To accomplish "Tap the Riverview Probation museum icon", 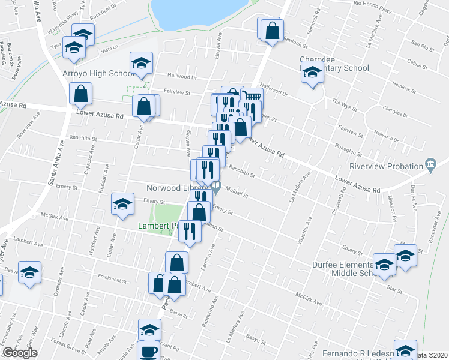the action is click(430, 164).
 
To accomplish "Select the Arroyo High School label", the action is click(98, 74).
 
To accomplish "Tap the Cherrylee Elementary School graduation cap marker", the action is click(312, 74).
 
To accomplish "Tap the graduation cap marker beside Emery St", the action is click(122, 204).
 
